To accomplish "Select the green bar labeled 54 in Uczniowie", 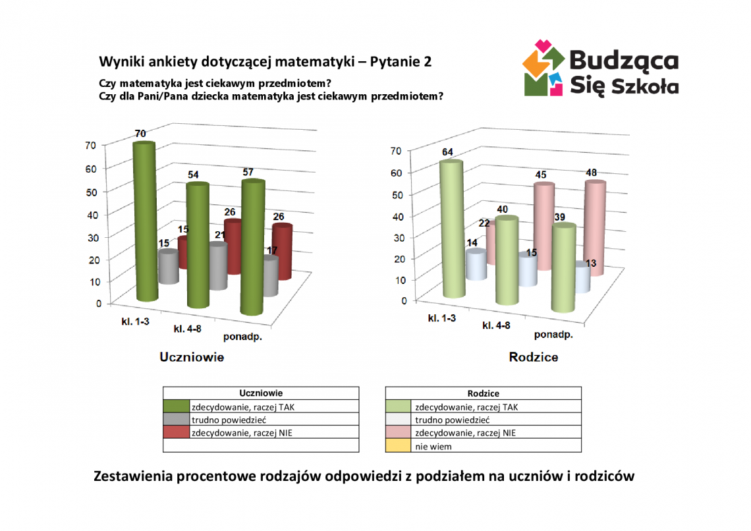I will (x=197, y=247).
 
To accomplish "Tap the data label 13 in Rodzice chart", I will (x=592, y=264).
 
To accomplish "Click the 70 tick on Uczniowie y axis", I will (x=91, y=146).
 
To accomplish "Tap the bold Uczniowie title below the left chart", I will (x=192, y=357).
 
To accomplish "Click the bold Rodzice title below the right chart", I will (x=534, y=357).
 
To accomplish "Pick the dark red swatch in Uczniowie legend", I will (x=176, y=433).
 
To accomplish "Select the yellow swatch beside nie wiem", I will (x=398, y=446).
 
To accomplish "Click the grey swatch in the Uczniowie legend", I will (x=176, y=420).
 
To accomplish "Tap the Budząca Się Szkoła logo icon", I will (x=543, y=68).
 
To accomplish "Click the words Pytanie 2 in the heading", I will (x=401, y=62).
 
